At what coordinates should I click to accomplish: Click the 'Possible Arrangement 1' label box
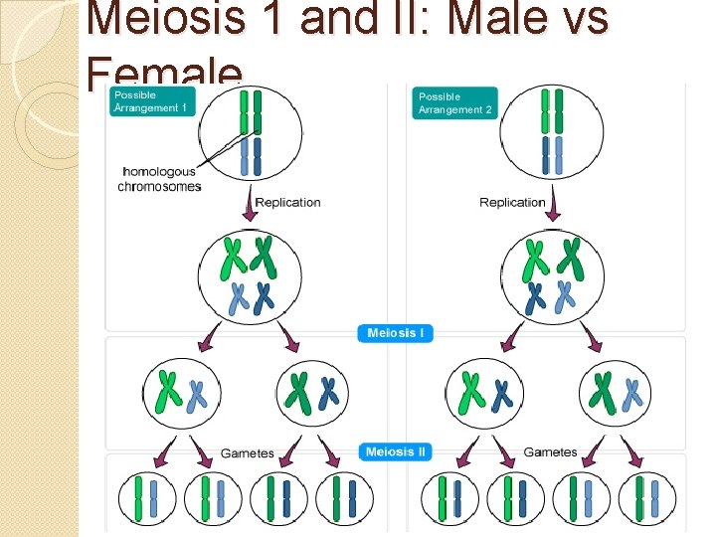point(152,100)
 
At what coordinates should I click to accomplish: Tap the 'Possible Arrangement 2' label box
point(454,103)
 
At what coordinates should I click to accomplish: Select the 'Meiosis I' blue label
point(395,333)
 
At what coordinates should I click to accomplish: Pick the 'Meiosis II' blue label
point(395,452)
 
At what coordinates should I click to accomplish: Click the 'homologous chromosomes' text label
point(159,179)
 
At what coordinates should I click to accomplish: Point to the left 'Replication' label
point(287,202)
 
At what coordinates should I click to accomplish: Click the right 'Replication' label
point(512,202)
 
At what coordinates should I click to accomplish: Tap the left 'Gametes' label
point(247,453)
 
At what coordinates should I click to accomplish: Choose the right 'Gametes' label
point(550,452)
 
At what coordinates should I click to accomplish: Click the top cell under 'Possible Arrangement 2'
point(552,132)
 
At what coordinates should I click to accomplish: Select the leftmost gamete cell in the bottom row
point(148,499)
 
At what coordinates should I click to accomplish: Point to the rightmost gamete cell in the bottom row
point(647,499)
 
